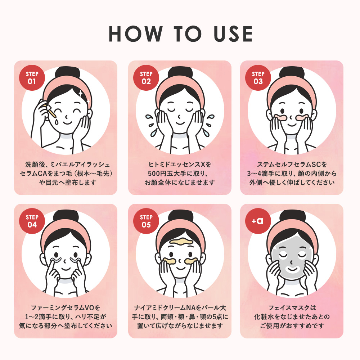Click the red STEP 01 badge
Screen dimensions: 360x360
[x=32, y=78]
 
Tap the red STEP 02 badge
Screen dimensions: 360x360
[x=146, y=78]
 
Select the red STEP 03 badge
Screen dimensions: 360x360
[x=258, y=78]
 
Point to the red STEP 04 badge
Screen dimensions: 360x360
[x=32, y=221]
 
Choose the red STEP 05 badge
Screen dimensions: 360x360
[x=146, y=221]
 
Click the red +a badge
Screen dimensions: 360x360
[x=258, y=221]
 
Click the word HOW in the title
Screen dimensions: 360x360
[x=136, y=34]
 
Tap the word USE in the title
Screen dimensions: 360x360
[x=233, y=34]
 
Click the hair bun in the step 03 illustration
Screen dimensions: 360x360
[x=292, y=72]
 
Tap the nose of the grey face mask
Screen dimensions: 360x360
[x=291, y=261]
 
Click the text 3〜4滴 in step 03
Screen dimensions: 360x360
[x=258, y=174]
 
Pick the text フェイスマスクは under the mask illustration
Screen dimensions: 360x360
[x=292, y=308]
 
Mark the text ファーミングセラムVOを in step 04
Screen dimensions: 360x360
[x=66, y=308]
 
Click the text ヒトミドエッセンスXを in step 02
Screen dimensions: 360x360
[x=180, y=165]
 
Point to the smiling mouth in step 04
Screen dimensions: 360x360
[x=66, y=269]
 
